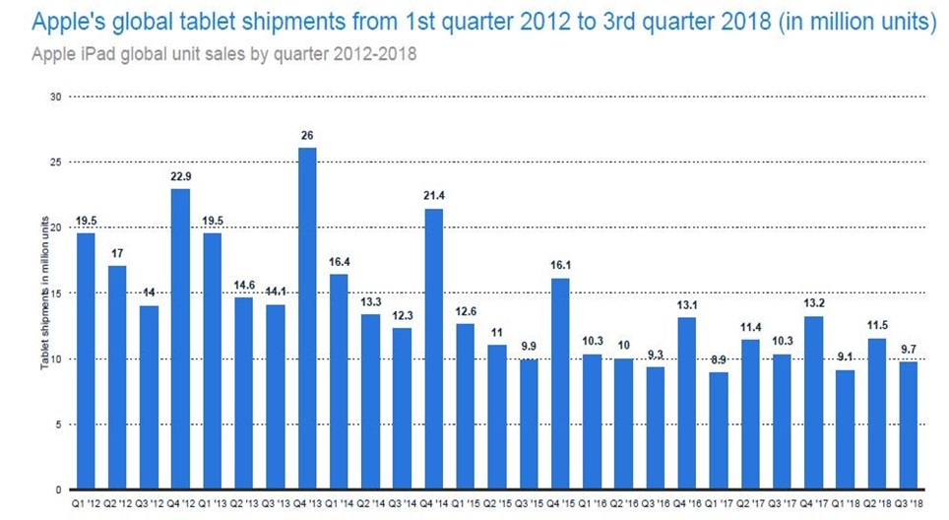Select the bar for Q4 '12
180,339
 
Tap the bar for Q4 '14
433,349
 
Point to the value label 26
307,135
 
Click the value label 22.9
180,175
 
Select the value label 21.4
433,196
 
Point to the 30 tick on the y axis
55,97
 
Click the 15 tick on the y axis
55,293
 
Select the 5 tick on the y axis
58,424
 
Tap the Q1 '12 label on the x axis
85,503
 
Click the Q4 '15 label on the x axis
560,503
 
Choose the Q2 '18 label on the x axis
876,503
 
